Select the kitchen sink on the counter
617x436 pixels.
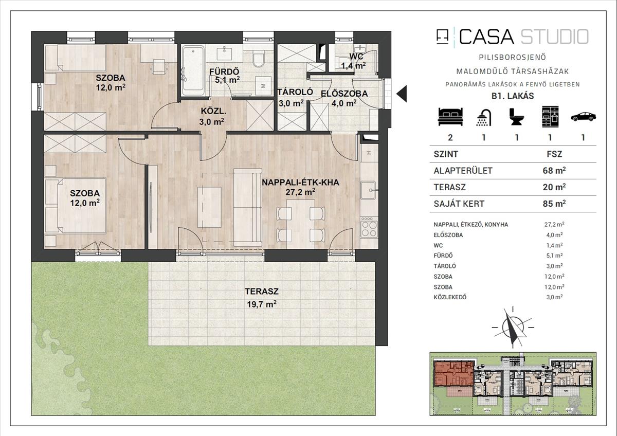[368, 190]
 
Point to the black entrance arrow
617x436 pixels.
[402, 94]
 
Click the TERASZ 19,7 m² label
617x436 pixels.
[262, 298]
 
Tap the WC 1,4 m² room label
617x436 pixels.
[354, 61]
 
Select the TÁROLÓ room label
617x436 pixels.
[295, 92]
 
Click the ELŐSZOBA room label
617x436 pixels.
[344, 94]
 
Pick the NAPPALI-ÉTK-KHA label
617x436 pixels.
[300, 183]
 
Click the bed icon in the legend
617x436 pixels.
[450, 117]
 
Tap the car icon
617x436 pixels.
[583, 117]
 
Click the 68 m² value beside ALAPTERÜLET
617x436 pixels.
[554, 171]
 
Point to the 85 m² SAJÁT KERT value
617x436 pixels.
[554, 204]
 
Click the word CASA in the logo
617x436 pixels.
[487, 37]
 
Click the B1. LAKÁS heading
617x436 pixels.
[513, 96]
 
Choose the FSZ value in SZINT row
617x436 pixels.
[554, 154]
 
